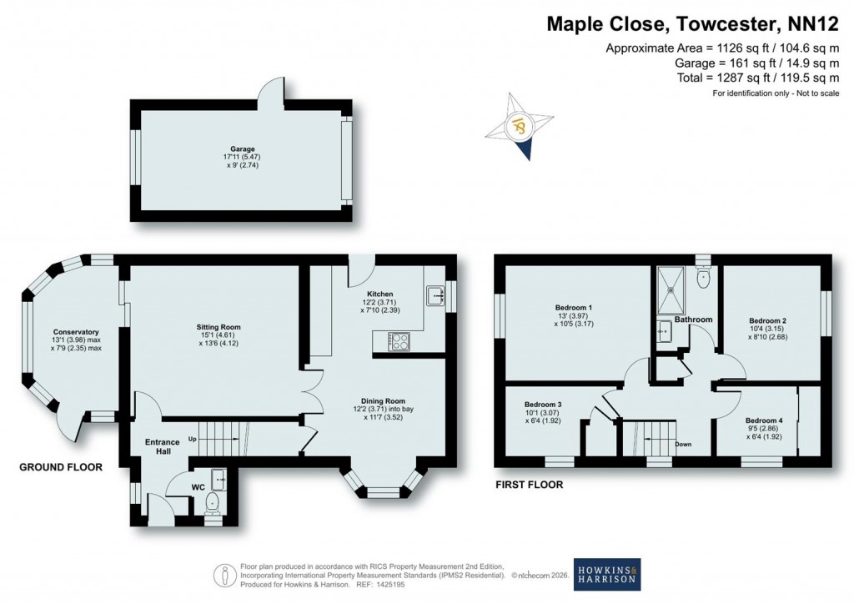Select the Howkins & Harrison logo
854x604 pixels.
tap(606, 573)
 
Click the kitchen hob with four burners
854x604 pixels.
tap(399, 341)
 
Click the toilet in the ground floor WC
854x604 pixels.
tap(213, 502)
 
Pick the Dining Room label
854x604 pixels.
tap(383, 400)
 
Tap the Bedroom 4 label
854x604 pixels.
tap(764, 420)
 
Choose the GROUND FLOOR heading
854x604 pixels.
tap(61, 467)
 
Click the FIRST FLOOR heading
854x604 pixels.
tap(529, 484)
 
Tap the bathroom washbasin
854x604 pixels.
tap(664, 330)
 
